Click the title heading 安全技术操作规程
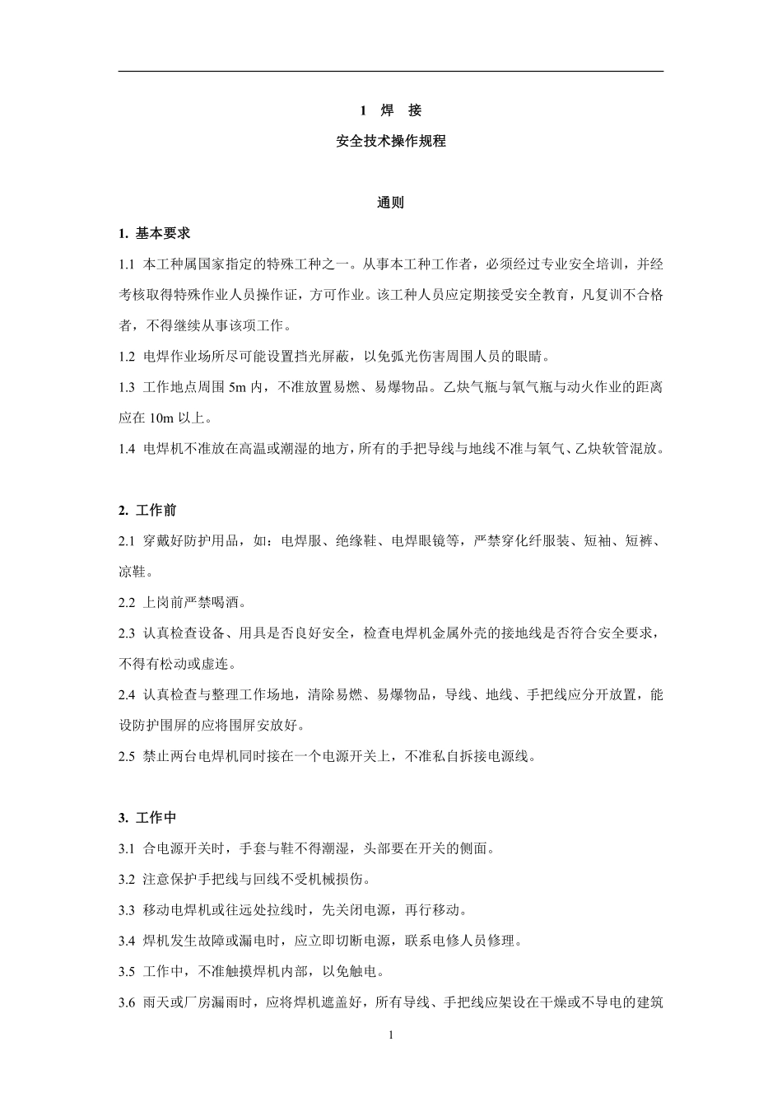391,141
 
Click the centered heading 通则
391,203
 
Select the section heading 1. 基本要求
154,233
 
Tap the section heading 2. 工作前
147,511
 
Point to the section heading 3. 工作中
147,818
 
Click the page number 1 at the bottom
391,1035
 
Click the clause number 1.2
126,357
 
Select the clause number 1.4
126,449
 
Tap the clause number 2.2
126,603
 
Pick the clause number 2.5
126,756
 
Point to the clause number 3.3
126,910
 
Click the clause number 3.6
126,1002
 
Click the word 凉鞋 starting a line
133,572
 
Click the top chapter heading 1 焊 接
391,110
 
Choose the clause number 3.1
126,848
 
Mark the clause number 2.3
126,633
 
